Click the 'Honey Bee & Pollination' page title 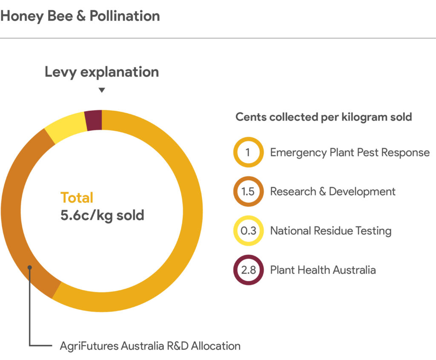pyautogui.click(x=80, y=16)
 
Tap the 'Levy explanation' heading pyautogui.click(x=102, y=72)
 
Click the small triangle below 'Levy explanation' pyautogui.click(x=101, y=90)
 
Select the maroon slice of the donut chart pyautogui.click(x=94, y=119)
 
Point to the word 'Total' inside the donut pyautogui.click(x=77, y=198)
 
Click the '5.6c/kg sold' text pyautogui.click(x=102, y=215)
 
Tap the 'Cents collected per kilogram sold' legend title pyautogui.click(x=324, y=117)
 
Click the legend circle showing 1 pyautogui.click(x=248, y=152)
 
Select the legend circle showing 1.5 pyautogui.click(x=248, y=191)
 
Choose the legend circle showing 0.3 pyautogui.click(x=248, y=230)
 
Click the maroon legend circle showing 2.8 pyautogui.click(x=248, y=270)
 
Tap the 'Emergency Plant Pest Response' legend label pyautogui.click(x=350, y=152)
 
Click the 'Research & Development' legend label pyautogui.click(x=333, y=191)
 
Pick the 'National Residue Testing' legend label pyautogui.click(x=330, y=230)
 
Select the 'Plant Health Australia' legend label pyautogui.click(x=323, y=270)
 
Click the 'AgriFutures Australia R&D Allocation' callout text pyautogui.click(x=150, y=346)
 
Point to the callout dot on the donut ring pyautogui.click(x=29, y=268)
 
